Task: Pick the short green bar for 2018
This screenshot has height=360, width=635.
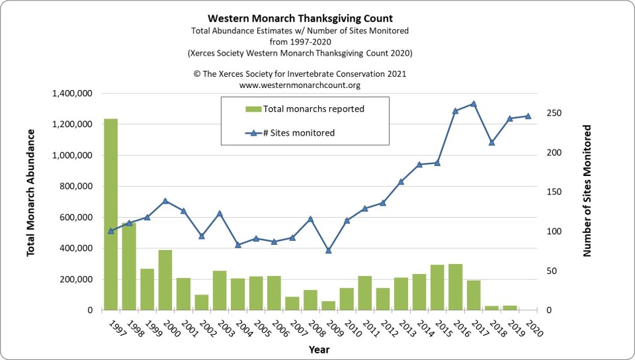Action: (x=491, y=308)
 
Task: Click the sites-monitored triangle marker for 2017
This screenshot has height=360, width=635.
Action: (x=474, y=104)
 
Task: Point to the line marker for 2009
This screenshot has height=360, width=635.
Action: (x=328, y=250)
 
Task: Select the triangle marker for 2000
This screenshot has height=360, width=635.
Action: (x=165, y=201)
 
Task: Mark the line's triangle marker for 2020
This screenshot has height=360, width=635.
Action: (x=528, y=116)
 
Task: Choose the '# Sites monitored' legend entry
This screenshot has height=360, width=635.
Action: (x=299, y=133)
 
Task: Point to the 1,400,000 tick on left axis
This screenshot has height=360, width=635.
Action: (x=69, y=93)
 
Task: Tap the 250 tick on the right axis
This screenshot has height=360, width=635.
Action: (x=554, y=113)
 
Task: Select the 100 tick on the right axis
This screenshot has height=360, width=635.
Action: (x=554, y=232)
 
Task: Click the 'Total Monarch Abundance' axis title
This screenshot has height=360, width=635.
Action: (x=31, y=193)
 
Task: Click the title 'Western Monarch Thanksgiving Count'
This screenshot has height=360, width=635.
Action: (x=299, y=18)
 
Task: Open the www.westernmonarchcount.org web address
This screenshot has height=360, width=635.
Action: (x=299, y=85)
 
